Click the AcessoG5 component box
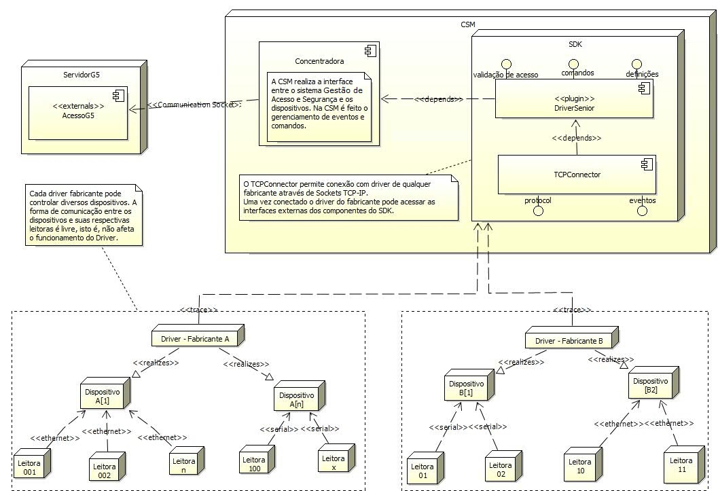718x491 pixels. tap(78, 113)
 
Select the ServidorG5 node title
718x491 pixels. tap(82, 73)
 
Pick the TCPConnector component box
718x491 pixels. tap(576, 175)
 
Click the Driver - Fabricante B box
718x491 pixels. tap(573, 340)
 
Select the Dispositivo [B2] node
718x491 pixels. tap(651, 385)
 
